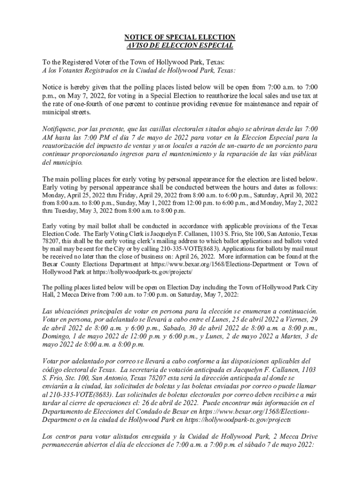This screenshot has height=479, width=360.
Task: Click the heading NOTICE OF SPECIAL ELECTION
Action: [x=180, y=37]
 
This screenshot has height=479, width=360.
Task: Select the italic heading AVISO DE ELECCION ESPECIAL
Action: [x=180, y=45]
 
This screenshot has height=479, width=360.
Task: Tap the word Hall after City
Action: [x=50, y=295]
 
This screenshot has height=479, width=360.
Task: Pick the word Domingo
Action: [x=56, y=336]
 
